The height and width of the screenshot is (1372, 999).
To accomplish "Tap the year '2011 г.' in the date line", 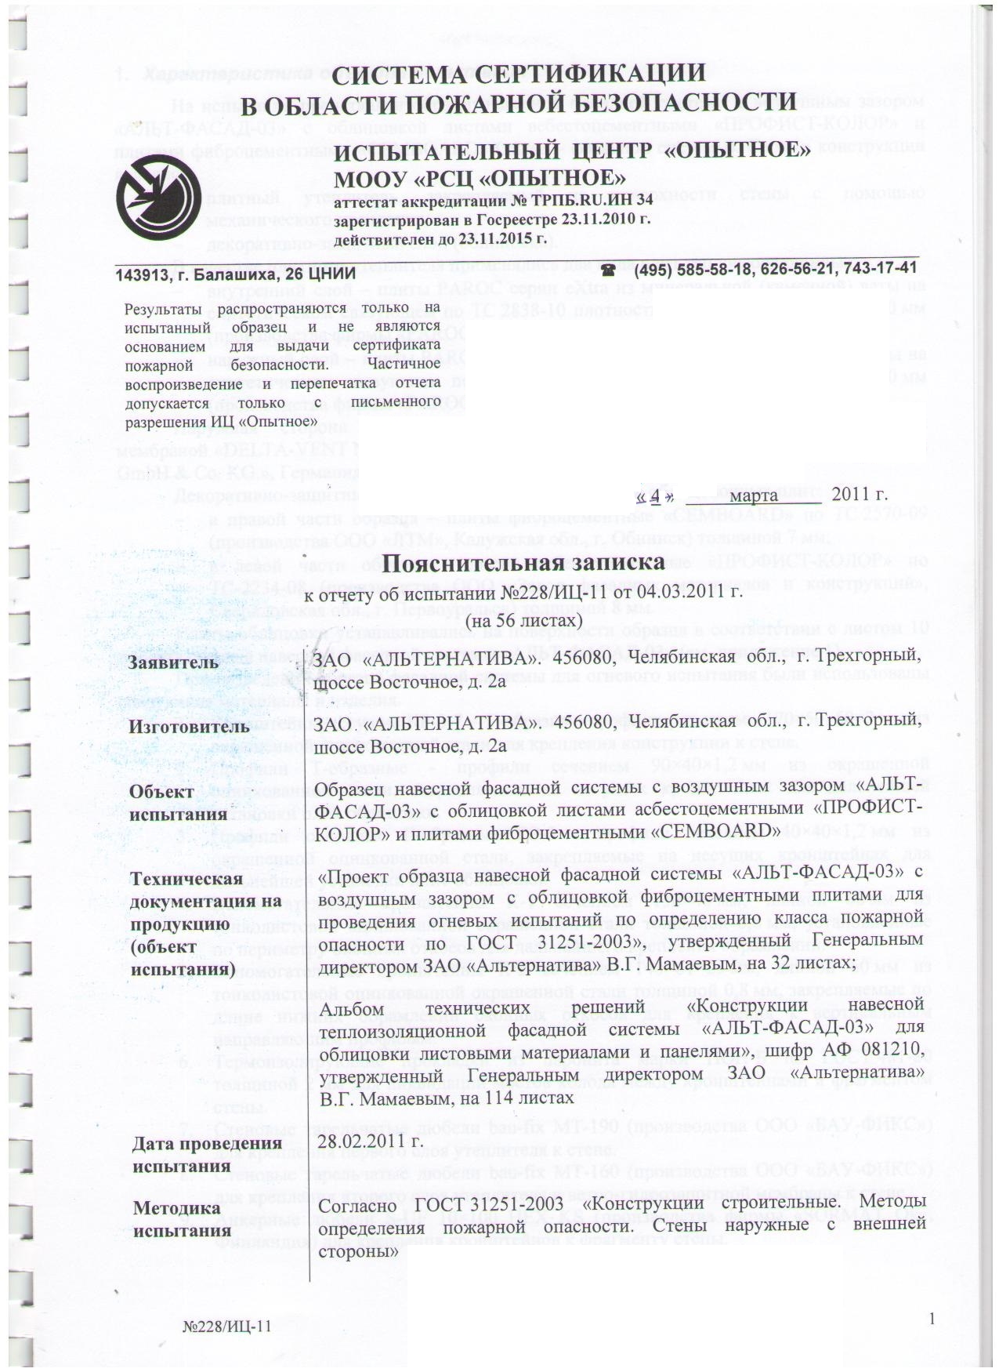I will (860, 495).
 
